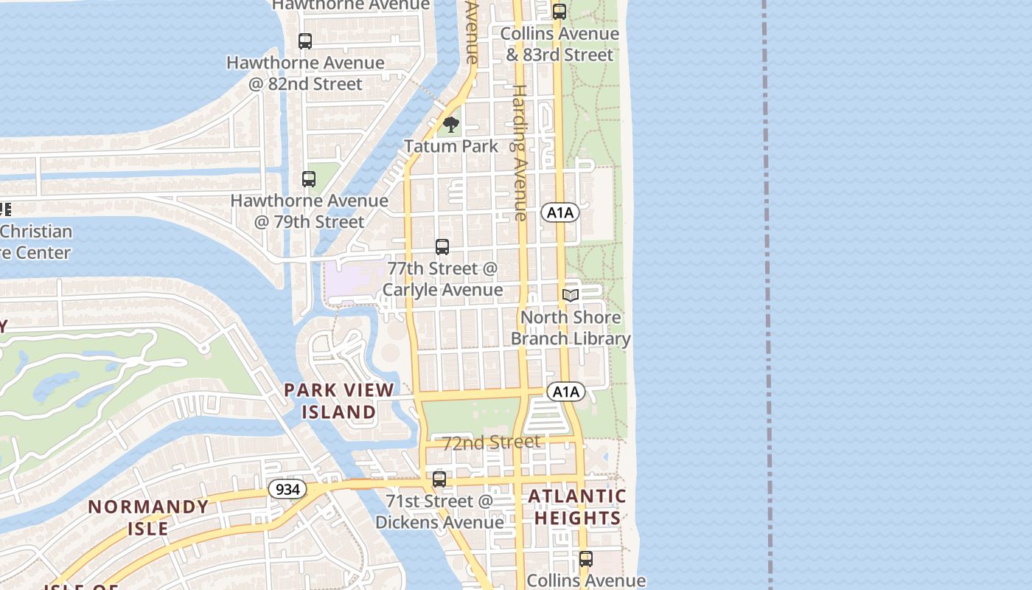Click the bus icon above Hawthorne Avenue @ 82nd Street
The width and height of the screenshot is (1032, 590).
305,41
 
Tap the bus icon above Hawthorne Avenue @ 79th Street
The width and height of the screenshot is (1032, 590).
309,178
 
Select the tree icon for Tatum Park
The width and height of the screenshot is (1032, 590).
451,125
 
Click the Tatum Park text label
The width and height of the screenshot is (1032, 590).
451,146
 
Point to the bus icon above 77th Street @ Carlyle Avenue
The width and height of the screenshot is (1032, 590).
442,247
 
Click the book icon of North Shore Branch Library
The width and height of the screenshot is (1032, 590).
571,295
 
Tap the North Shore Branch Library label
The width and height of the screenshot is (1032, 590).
571,328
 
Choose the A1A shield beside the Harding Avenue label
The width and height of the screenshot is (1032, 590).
560,213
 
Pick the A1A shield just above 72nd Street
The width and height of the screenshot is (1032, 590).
566,392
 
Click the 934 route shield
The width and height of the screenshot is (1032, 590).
287,489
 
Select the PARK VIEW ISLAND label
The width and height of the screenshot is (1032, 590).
339,400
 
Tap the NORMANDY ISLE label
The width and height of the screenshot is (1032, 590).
148,517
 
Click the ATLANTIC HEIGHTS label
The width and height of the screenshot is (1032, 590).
577,507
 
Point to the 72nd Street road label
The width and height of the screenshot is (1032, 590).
491,442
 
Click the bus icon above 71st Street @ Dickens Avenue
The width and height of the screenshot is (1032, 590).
439,479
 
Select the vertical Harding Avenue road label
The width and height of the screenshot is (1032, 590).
520,153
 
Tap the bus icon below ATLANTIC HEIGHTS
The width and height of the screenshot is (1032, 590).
586,559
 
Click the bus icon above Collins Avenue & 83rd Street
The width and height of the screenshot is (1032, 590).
559,12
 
